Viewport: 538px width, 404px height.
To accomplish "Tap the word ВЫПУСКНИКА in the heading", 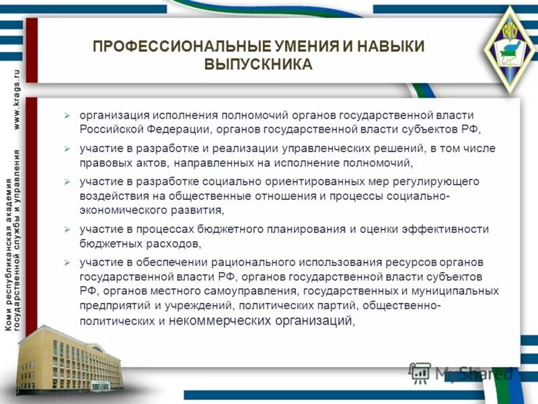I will click(x=258, y=65).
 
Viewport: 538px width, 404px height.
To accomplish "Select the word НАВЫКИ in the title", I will click(x=391, y=46).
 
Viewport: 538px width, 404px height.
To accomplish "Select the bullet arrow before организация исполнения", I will click(x=67, y=115).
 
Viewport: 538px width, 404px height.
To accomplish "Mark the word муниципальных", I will click(x=453, y=291).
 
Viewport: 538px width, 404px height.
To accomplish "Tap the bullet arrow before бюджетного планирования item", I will click(x=67, y=230).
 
